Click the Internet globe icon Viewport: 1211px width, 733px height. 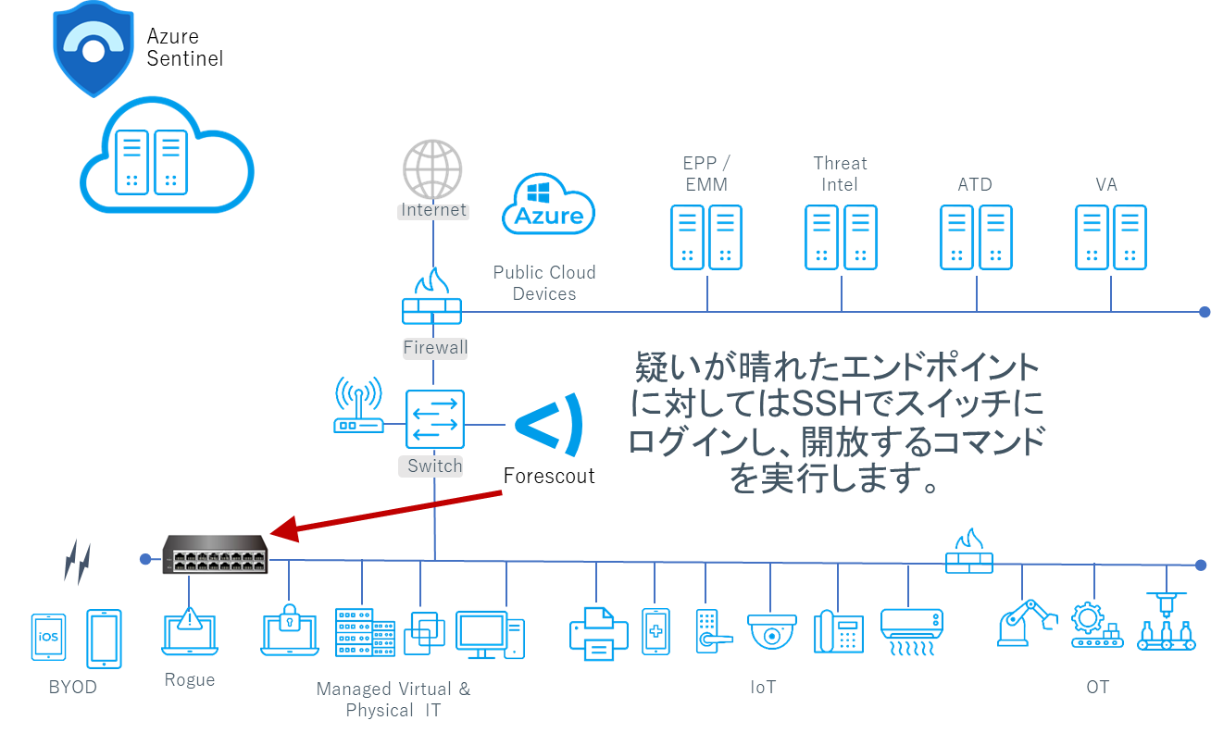tap(432, 168)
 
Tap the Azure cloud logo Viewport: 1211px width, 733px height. tap(548, 205)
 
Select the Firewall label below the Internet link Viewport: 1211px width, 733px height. tap(435, 348)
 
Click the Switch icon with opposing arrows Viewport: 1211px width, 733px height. tap(434, 420)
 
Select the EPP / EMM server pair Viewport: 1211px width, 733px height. tap(706, 238)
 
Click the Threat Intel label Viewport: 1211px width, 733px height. tap(841, 173)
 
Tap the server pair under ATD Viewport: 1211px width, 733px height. tap(976, 238)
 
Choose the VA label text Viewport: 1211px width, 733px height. tap(1106, 184)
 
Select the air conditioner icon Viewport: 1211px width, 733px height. tap(911, 631)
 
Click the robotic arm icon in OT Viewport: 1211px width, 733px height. tap(1026, 623)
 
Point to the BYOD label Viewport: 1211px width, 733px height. tap(72, 688)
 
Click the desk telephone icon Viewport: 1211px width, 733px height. tap(839, 633)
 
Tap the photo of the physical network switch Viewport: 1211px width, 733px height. tap(215, 554)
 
